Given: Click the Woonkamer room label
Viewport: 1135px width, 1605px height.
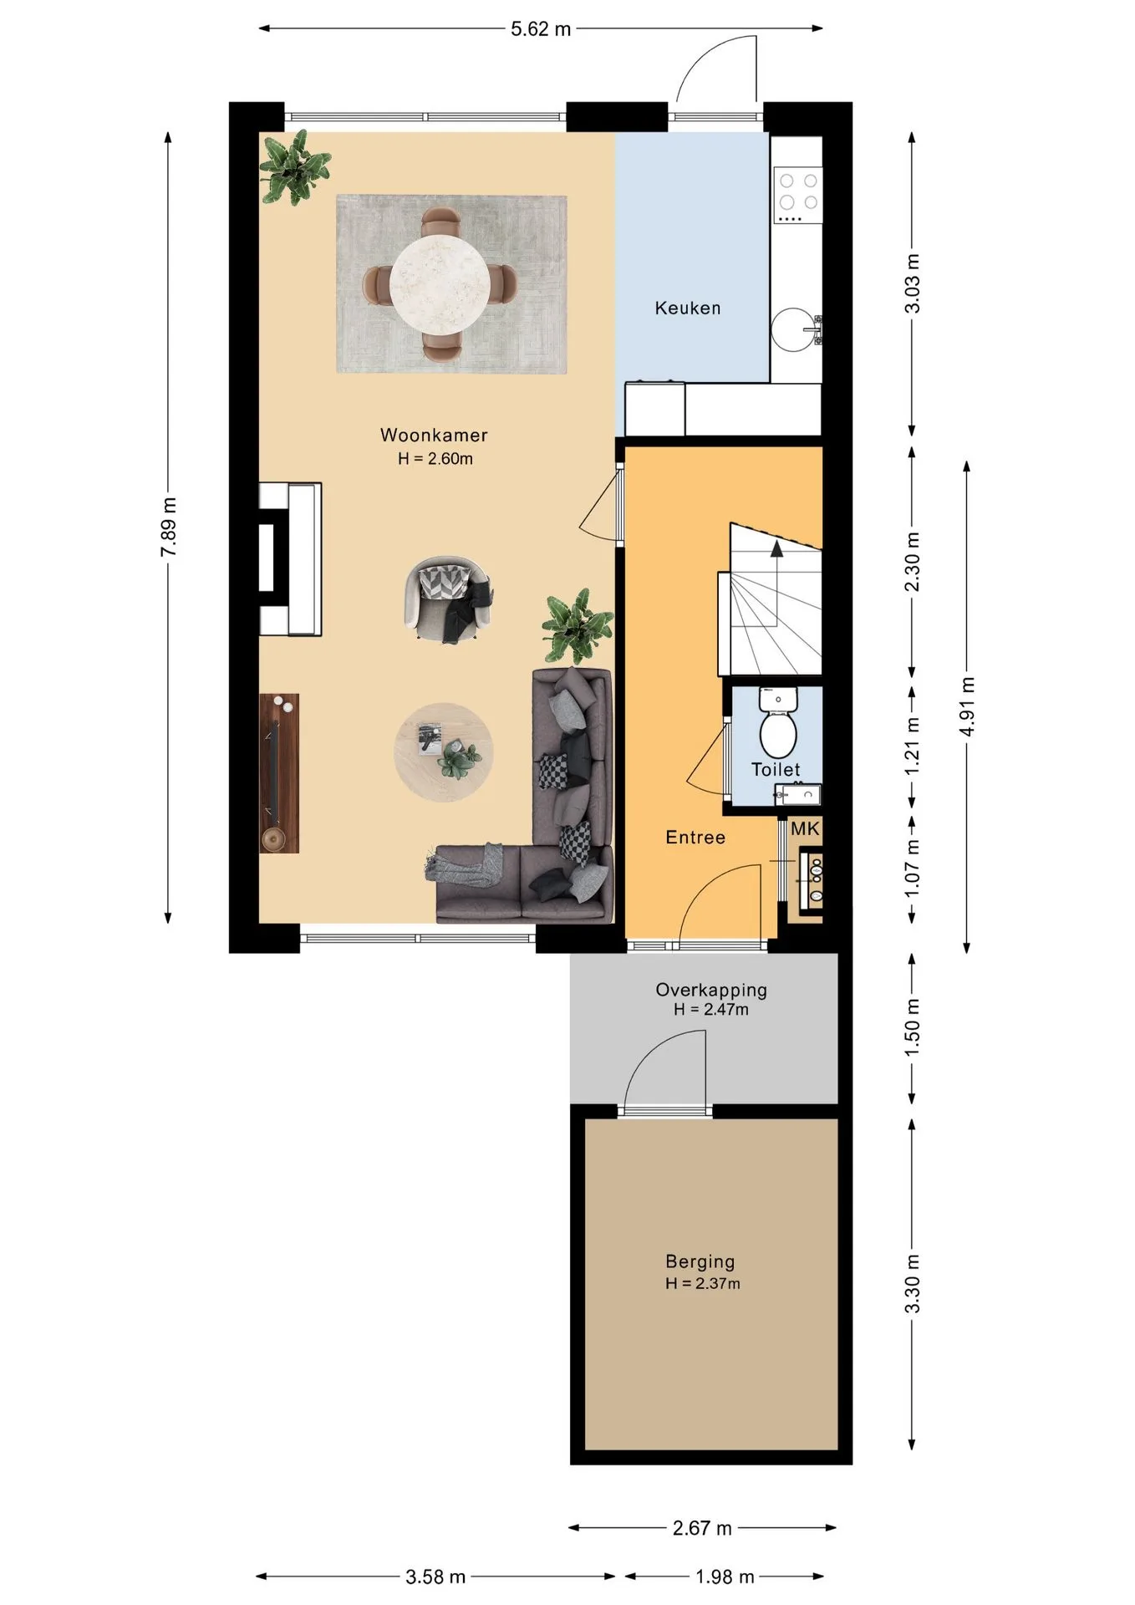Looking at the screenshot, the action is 434,435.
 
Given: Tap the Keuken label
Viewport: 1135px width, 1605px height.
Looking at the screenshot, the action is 688,308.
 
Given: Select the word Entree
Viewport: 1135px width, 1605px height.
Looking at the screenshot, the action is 695,838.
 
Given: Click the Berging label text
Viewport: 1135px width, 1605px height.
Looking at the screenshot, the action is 700,1262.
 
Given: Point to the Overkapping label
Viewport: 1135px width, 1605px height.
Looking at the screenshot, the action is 711,991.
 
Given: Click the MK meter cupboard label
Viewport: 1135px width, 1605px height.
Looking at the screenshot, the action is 805,828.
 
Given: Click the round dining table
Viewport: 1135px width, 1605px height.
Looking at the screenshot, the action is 440,284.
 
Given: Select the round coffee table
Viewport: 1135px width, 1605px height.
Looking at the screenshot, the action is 444,752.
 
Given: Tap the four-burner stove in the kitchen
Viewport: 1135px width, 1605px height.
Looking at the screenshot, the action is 797,195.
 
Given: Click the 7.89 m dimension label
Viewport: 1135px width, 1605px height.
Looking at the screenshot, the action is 169,527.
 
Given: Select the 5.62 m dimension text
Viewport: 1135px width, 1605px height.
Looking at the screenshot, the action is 541,29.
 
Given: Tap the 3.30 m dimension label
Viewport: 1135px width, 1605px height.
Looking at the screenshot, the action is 913,1284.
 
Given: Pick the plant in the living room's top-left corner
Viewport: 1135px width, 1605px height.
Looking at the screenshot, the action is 293,170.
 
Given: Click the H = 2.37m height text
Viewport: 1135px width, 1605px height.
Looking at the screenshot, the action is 703,1284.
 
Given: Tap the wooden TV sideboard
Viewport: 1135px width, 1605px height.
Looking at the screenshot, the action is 279,773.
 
